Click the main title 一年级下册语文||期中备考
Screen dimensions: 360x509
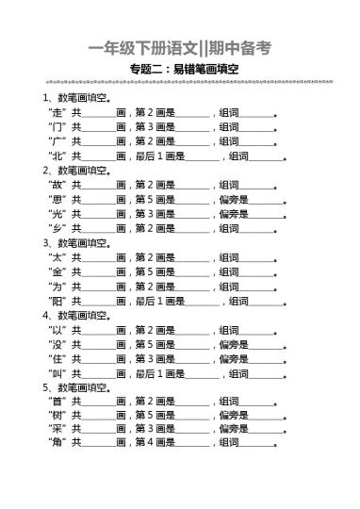[x=179, y=48]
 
